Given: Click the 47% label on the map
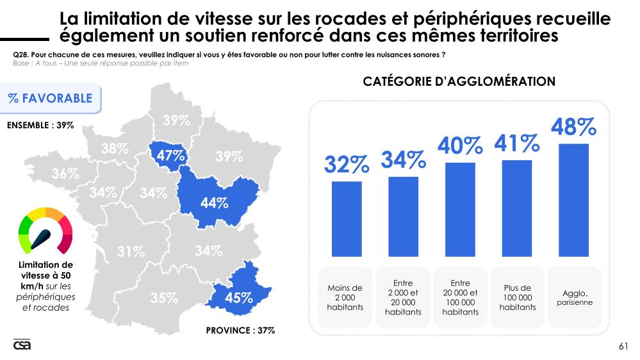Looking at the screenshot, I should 171,156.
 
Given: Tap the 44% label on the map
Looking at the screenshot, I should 215,203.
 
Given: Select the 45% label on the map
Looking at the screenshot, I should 238,298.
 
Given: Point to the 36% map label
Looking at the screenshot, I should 65,174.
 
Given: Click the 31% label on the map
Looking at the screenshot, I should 131,252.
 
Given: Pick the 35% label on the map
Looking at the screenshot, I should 164,298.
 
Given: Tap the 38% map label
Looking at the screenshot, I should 115,149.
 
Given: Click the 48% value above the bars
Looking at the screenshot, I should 574,127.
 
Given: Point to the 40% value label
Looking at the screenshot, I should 460,146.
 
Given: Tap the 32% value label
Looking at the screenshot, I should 346,165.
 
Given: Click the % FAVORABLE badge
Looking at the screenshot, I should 50,99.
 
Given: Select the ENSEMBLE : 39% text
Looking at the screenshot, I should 40,125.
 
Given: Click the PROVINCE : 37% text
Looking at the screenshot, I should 240,331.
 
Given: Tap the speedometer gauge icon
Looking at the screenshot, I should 45,231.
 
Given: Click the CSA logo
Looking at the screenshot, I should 22,345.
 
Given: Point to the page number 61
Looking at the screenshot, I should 623,347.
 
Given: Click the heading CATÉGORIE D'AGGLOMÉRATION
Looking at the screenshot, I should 459,81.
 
